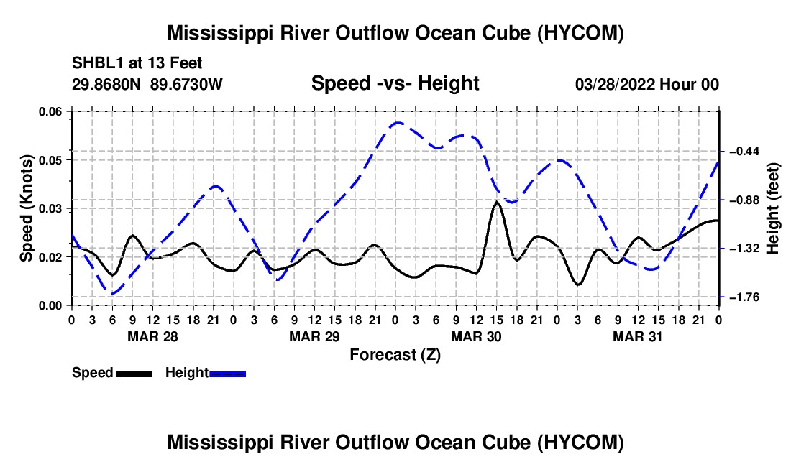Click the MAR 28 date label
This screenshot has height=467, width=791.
[x=152, y=336]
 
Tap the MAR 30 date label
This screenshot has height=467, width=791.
[x=476, y=336]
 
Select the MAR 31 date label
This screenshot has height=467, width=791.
[x=638, y=336]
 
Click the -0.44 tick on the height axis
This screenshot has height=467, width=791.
[x=744, y=151]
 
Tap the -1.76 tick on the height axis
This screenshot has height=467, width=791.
[x=744, y=297]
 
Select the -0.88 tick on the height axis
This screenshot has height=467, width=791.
[x=744, y=200]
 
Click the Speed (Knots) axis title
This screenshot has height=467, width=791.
[x=26, y=208]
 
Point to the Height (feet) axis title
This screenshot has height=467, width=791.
[x=772, y=208]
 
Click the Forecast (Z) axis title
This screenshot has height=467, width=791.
[x=395, y=355]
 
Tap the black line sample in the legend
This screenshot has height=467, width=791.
[x=134, y=374]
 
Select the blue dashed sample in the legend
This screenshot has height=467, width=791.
[x=227, y=374]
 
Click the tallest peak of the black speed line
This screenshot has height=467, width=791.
[x=497, y=202]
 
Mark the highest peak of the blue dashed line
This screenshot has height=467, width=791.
[x=398, y=122]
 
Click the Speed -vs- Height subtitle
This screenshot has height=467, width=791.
[x=395, y=83]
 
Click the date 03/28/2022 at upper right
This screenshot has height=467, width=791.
[x=615, y=84]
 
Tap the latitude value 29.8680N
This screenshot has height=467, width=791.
[x=106, y=84]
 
